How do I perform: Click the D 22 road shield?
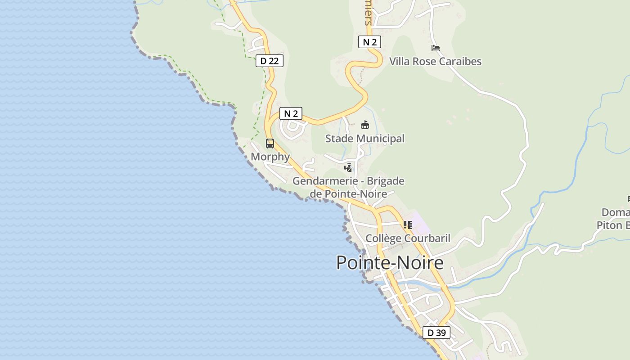pyautogui.click(x=270, y=61)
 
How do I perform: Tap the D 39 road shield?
pyautogui.click(x=436, y=333)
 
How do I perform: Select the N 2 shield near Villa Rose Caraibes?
pyautogui.click(x=369, y=42)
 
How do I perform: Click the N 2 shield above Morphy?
pyautogui.click(x=291, y=113)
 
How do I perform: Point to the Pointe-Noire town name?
pyautogui.click(x=390, y=262)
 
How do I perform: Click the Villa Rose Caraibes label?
pyautogui.click(x=435, y=62)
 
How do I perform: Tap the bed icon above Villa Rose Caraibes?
pyautogui.click(x=435, y=48)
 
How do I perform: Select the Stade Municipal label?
pyautogui.click(x=365, y=139)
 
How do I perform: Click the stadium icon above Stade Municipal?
pyautogui.click(x=365, y=125)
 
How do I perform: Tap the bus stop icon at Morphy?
pyautogui.click(x=270, y=144)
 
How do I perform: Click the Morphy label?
pyautogui.click(x=270, y=157)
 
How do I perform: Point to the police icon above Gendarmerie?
pyautogui.click(x=348, y=168)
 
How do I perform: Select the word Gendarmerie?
pyautogui.click(x=321, y=181)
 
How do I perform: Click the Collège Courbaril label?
pyautogui.click(x=408, y=238)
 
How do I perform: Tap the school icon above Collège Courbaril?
pyautogui.click(x=408, y=225)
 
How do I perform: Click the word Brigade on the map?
pyautogui.click(x=386, y=181)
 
